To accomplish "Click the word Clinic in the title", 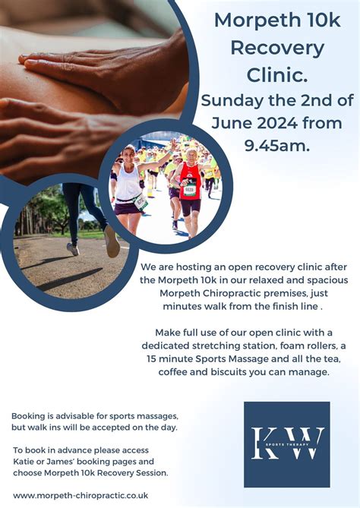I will coord(277,74).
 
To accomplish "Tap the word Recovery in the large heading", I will coord(277,48).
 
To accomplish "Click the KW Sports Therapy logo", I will coord(287,444).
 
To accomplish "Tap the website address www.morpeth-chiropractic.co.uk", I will coord(81,494).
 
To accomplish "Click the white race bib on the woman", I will coord(141,202).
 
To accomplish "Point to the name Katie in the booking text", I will coord(24,461).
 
